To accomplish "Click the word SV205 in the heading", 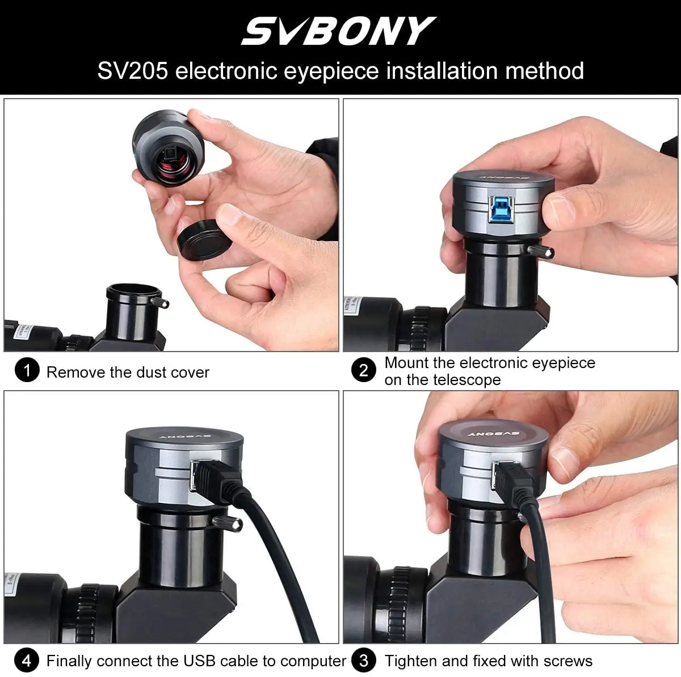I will pos(133,71).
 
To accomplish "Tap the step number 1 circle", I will pos(26,371).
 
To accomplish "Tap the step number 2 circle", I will pos(364,371).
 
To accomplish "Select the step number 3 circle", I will pos(364,661).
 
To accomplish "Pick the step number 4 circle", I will pos(26,661).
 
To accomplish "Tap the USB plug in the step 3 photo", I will pos(511,476).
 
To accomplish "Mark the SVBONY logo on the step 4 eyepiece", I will pos(182,437).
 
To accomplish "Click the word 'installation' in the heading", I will pos(442,71).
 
